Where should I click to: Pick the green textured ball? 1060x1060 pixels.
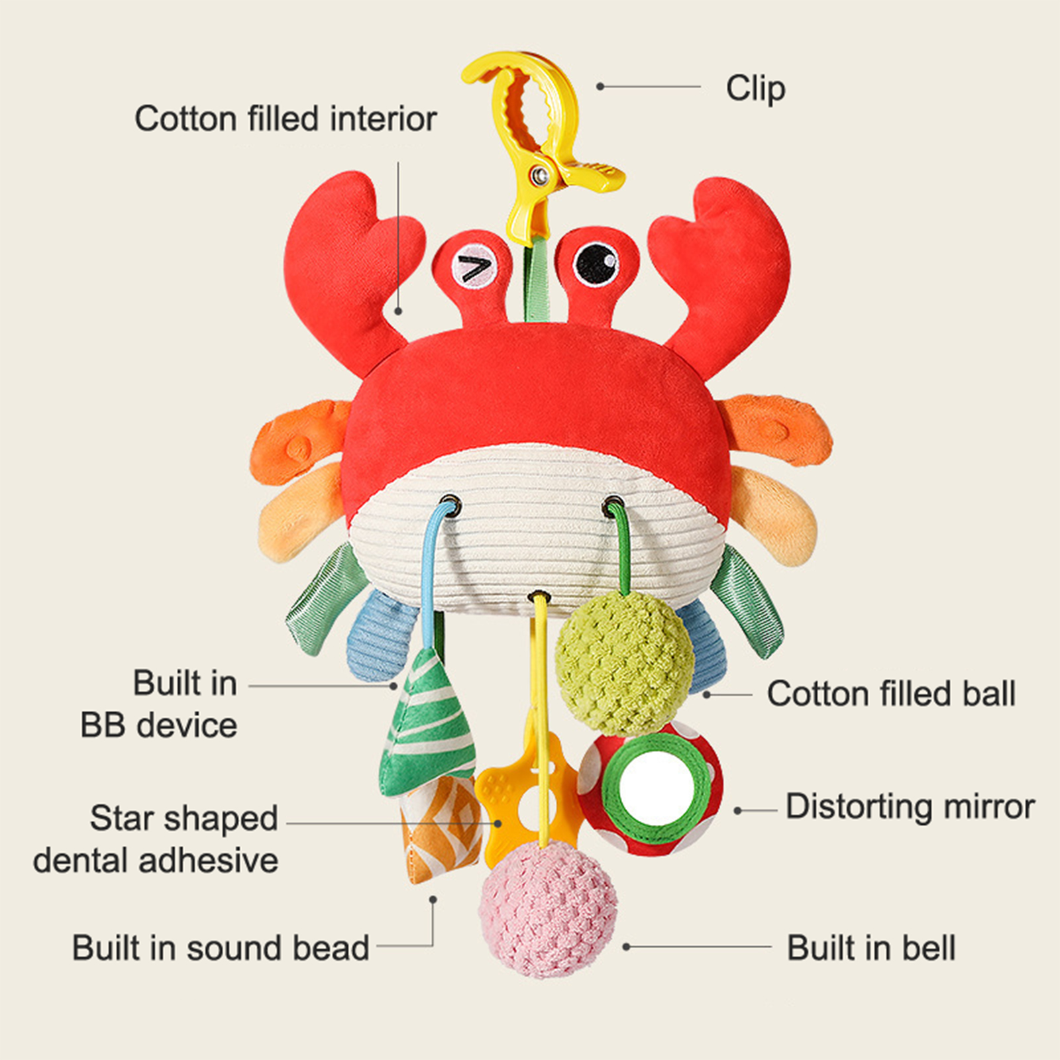(x=624, y=662)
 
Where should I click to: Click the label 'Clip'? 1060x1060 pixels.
(x=755, y=89)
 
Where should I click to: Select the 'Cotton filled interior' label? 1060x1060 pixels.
(x=286, y=119)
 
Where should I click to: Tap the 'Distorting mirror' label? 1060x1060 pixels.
(x=910, y=808)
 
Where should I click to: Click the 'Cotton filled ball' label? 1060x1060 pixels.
(x=890, y=694)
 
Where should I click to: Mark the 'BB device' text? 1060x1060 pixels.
(x=159, y=725)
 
